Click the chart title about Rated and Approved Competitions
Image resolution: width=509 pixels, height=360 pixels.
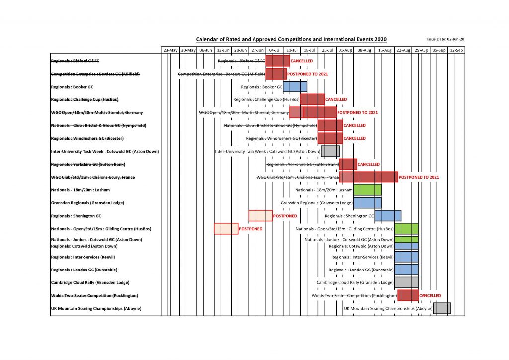(291, 39)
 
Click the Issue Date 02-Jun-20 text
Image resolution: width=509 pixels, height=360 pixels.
(445, 39)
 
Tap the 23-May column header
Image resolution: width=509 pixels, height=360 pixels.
(170, 50)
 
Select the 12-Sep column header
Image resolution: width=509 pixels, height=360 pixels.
(456, 50)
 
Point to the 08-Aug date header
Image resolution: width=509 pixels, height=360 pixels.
(364, 50)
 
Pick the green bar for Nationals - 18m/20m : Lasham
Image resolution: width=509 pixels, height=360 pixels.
(367, 190)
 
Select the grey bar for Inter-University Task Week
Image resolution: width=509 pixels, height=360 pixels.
(330, 151)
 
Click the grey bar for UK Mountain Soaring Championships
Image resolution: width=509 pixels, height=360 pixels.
(442, 308)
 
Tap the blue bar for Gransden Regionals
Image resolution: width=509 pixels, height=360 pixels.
(367, 203)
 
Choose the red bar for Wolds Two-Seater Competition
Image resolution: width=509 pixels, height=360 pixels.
(408, 295)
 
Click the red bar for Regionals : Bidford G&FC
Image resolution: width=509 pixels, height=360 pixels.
(278, 61)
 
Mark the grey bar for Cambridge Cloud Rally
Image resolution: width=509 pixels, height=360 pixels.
(406, 282)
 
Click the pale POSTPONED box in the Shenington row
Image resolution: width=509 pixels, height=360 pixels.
(260, 216)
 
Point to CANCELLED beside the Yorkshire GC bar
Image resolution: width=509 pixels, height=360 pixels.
(369, 164)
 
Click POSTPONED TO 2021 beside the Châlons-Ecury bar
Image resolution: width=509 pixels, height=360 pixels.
(419, 177)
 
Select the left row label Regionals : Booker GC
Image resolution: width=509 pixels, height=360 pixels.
(73, 87)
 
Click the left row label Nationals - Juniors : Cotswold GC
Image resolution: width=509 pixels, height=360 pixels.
(96, 239)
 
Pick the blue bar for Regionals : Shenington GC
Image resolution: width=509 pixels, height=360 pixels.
(388, 216)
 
